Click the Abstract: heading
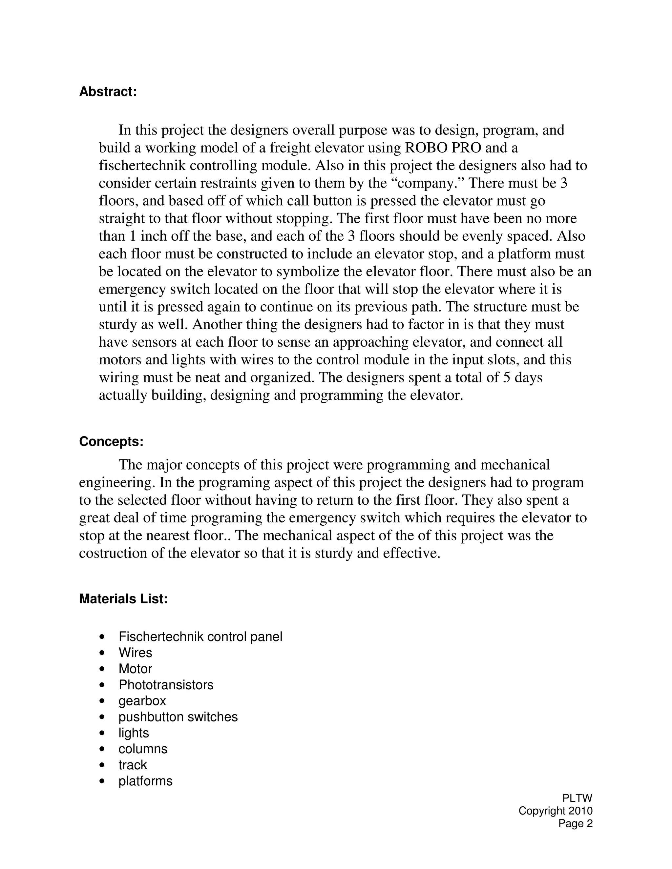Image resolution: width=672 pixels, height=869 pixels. click(x=108, y=92)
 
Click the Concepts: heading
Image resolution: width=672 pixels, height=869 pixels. click(x=111, y=442)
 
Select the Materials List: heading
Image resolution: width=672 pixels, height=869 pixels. click(x=123, y=610)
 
